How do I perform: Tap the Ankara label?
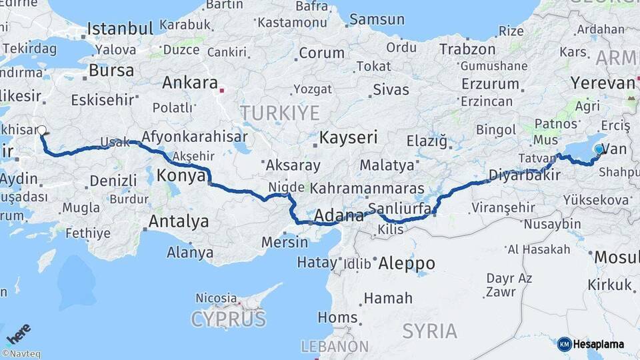tap(190, 83)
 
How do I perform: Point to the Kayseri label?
tap(349, 138)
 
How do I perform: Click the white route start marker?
tap(42, 131)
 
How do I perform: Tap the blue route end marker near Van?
tap(599, 149)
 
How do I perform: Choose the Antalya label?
tap(179, 221)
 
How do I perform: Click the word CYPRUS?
tap(228, 319)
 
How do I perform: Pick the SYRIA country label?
tap(430, 331)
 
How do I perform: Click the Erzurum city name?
tap(489, 84)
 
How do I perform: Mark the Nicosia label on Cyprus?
tap(216, 297)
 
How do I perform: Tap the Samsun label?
tap(377, 19)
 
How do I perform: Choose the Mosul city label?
tap(617, 257)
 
